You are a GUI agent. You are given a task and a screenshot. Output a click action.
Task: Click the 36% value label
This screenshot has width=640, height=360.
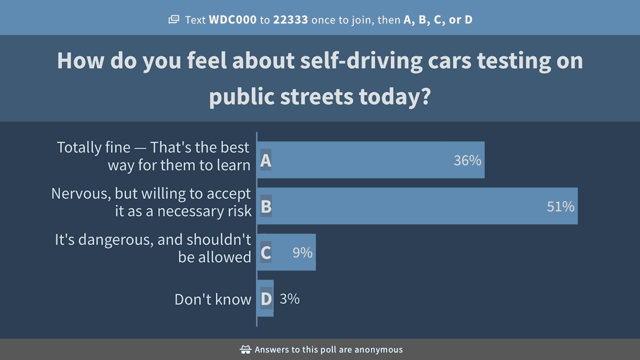click(x=467, y=161)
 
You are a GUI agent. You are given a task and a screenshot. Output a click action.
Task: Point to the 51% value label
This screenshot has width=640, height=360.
click(x=561, y=206)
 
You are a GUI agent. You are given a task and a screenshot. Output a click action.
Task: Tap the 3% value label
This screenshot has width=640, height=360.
click(x=290, y=299)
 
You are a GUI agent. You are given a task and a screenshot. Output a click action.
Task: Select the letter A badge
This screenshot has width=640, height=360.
click(x=266, y=161)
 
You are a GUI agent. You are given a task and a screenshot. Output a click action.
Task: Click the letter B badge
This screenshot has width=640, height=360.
click(x=266, y=206)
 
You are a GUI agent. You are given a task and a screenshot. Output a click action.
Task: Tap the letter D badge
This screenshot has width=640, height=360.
click(x=266, y=299)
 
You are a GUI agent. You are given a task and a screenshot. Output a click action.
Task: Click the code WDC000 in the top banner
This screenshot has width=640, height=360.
click(x=233, y=20)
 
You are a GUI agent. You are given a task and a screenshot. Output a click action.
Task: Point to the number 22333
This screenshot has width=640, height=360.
click(x=291, y=20)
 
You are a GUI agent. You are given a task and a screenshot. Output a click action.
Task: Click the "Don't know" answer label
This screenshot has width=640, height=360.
click(x=213, y=299)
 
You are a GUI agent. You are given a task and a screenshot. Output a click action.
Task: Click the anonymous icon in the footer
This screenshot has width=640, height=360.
click(x=246, y=350)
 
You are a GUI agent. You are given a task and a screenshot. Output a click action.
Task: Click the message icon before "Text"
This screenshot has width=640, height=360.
click(x=174, y=20)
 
